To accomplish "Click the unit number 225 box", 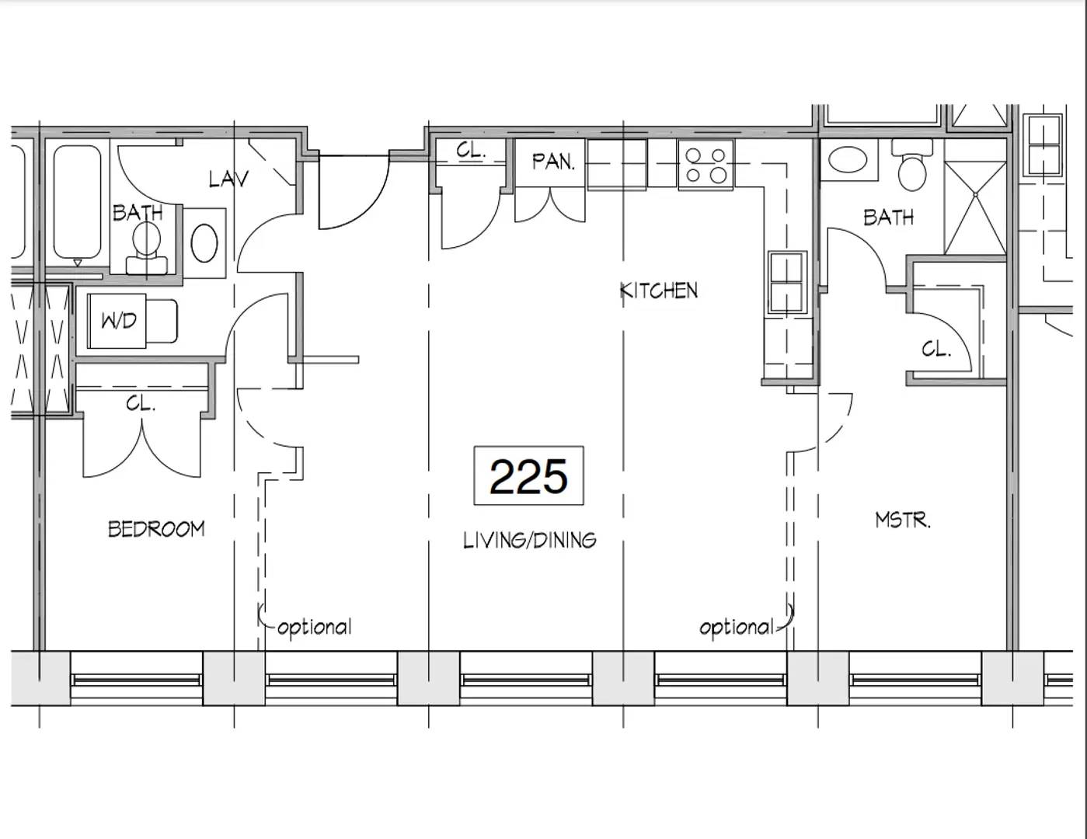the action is (x=529, y=475).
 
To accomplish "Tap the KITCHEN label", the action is (x=658, y=291).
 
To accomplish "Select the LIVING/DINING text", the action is (x=530, y=541).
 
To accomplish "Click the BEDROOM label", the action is (x=157, y=529).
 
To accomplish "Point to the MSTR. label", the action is (x=903, y=520).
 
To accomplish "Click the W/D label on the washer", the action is (x=119, y=321).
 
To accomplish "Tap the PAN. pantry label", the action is (x=552, y=162).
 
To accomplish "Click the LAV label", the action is (x=228, y=179).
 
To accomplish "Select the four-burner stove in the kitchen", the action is (x=706, y=165).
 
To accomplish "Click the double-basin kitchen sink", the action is (x=788, y=284).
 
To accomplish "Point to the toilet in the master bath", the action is (x=912, y=165).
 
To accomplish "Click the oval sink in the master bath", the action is (x=848, y=159).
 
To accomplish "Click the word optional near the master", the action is (x=737, y=627).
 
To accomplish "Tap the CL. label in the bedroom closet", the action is (x=141, y=403).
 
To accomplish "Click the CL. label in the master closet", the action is (x=936, y=349).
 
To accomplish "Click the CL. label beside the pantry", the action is (x=471, y=150).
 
